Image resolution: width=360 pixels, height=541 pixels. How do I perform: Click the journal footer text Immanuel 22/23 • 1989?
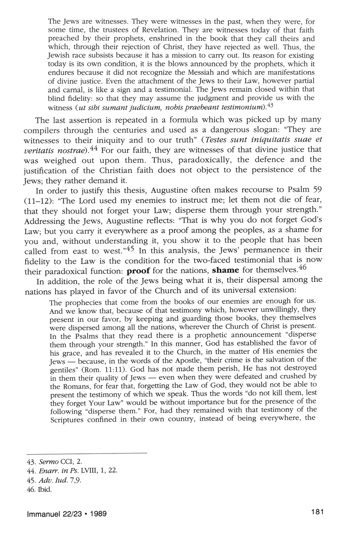pyautogui.click(x=67, y=514)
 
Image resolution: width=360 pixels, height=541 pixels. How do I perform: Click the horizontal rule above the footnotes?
pyautogui.click(x=87, y=453)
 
